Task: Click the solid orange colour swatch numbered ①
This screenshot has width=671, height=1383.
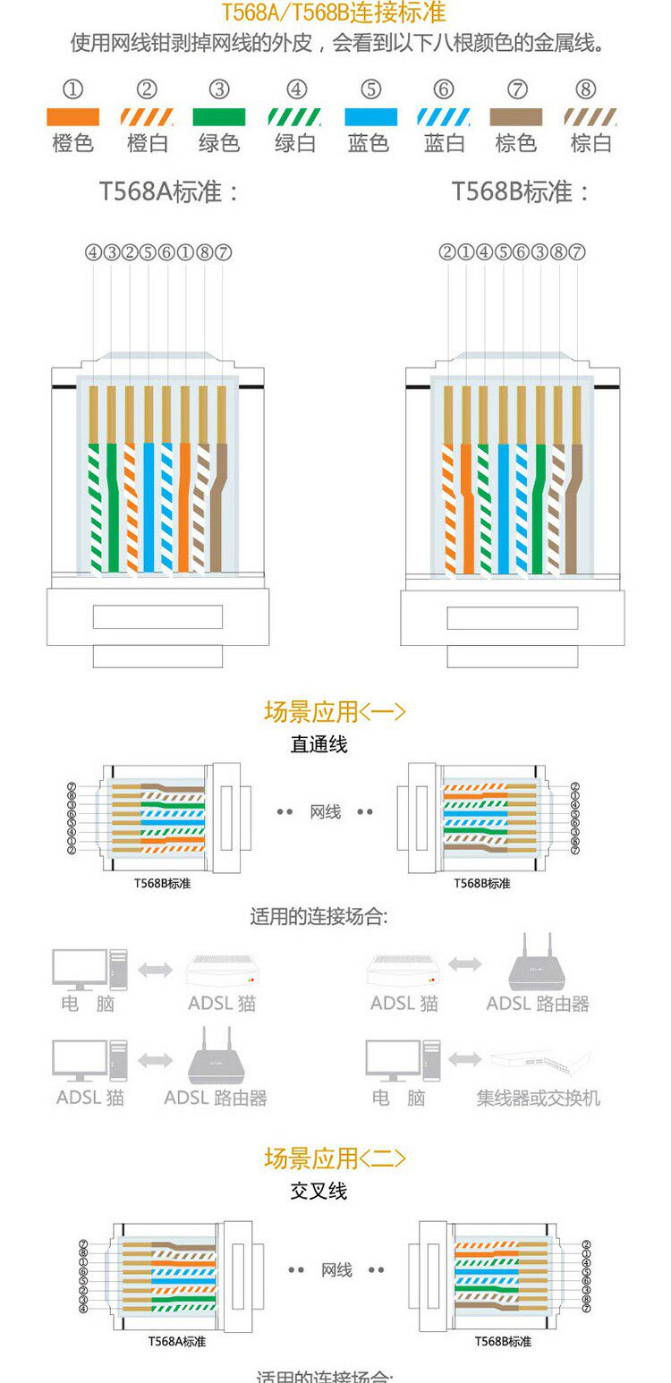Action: pos(72,117)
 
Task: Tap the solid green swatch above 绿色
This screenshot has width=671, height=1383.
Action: pos(219,117)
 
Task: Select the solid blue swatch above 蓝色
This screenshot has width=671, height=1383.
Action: pos(371,117)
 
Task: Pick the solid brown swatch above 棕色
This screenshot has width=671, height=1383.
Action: pos(516,117)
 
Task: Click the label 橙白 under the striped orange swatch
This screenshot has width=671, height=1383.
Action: pos(148,143)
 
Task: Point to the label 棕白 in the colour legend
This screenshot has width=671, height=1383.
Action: pos(590,143)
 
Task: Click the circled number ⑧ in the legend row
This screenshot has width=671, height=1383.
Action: pos(586,89)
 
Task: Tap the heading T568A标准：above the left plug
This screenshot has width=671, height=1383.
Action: pos(170,192)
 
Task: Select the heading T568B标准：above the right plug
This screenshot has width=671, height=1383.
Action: pos(521,192)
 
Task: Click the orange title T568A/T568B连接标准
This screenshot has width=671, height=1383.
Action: pos(334,14)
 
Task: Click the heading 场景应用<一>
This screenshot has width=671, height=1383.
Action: pos(335,712)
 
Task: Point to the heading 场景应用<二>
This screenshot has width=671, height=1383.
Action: pos(335,1158)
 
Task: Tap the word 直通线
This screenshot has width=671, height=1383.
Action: pos(319,744)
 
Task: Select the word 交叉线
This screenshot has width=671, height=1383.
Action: pos(319,1192)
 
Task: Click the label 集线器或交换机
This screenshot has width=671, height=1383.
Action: pos(538,1098)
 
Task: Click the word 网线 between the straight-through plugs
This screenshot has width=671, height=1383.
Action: pos(326,812)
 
